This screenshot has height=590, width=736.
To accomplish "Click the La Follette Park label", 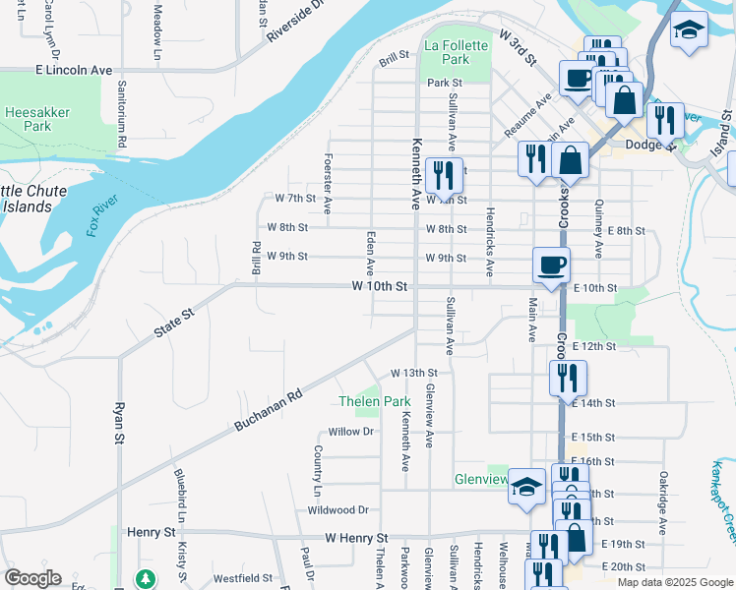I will [x=455, y=53].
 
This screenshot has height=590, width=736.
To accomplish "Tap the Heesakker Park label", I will [x=36, y=119].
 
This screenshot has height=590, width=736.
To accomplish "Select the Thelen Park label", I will [x=374, y=401].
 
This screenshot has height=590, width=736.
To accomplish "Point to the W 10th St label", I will [x=380, y=286].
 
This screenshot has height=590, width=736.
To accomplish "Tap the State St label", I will [x=174, y=323].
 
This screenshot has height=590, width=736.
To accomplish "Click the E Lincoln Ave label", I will [x=74, y=71].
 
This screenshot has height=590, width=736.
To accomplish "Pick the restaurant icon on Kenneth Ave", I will [x=444, y=176].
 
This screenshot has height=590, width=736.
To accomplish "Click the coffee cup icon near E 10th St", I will [x=551, y=264].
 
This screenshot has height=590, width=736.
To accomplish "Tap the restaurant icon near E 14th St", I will [x=568, y=378].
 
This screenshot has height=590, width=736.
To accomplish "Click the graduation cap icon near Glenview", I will [x=526, y=487].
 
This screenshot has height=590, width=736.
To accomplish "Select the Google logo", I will [x=32, y=578].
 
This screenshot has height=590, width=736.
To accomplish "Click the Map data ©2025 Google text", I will [x=675, y=582].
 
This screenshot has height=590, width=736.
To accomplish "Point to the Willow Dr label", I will [x=351, y=432].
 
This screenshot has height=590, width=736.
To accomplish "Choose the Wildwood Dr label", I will [x=337, y=510].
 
